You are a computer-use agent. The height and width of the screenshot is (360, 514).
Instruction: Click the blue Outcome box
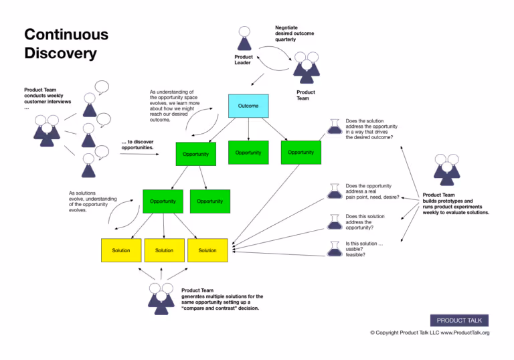click(x=248, y=106)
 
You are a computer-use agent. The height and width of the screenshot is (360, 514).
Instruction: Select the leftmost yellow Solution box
click(x=121, y=250)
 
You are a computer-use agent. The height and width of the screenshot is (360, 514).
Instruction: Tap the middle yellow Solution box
click(x=164, y=250)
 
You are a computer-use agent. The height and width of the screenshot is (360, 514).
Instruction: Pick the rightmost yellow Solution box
click(x=207, y=250)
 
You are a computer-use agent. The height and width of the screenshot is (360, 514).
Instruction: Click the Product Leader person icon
click(x=244, y=39)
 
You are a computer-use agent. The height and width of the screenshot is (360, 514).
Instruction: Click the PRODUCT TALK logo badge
click(x=459, y=320)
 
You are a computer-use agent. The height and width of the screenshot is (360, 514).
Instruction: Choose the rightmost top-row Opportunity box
click(x=301, y=152)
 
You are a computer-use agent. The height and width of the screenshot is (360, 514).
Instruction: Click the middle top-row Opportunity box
click(x=248, y=153)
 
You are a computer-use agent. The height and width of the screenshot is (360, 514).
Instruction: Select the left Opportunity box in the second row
click(x=163, y=201)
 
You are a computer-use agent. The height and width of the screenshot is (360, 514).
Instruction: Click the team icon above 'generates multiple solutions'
click(x=161, y=298)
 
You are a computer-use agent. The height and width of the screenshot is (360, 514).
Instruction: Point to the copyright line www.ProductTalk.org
click(x=430, y=333)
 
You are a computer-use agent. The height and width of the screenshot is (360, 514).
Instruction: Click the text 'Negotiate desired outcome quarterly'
click(x=294, y=33)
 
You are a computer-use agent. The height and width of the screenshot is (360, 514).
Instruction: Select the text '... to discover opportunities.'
click(x=137, y=145)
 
